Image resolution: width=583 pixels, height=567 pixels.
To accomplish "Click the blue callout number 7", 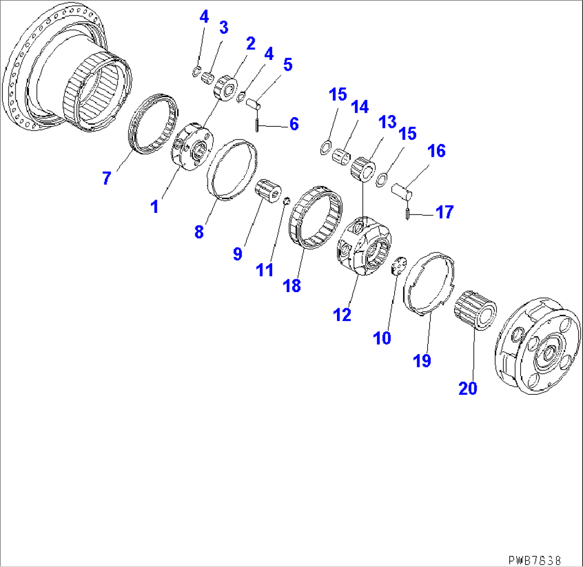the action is pos(107,178).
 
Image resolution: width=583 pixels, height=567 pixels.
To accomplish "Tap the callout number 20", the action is pos(468,388).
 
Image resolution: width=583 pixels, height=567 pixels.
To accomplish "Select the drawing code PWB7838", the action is pos(534,560).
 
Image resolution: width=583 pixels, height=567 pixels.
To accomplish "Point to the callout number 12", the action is pos(342,315).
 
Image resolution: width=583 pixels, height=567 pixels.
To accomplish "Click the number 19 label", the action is pos(422,361).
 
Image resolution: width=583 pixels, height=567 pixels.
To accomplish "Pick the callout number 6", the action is pos(294,124).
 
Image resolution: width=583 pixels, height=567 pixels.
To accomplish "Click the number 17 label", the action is pos(444,212).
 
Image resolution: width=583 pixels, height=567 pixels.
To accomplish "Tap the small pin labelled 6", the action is pos(257,124).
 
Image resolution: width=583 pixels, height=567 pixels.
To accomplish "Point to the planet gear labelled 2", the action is pos(226,88).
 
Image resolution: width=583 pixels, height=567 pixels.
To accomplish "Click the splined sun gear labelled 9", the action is pos(268,190).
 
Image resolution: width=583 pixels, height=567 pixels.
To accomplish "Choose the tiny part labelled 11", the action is pos(286,201).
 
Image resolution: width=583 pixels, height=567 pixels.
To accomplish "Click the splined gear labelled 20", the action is pos(475,310).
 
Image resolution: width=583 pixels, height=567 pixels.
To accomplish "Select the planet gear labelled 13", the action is pos(363,170).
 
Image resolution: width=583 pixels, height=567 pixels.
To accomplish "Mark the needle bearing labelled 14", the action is pos(341,157).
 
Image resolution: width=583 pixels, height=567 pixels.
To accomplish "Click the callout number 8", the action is pos(199,232).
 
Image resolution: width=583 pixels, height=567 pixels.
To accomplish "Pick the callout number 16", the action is pos(436,151).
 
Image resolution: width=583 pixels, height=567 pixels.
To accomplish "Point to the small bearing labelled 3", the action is pos(208,79).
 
